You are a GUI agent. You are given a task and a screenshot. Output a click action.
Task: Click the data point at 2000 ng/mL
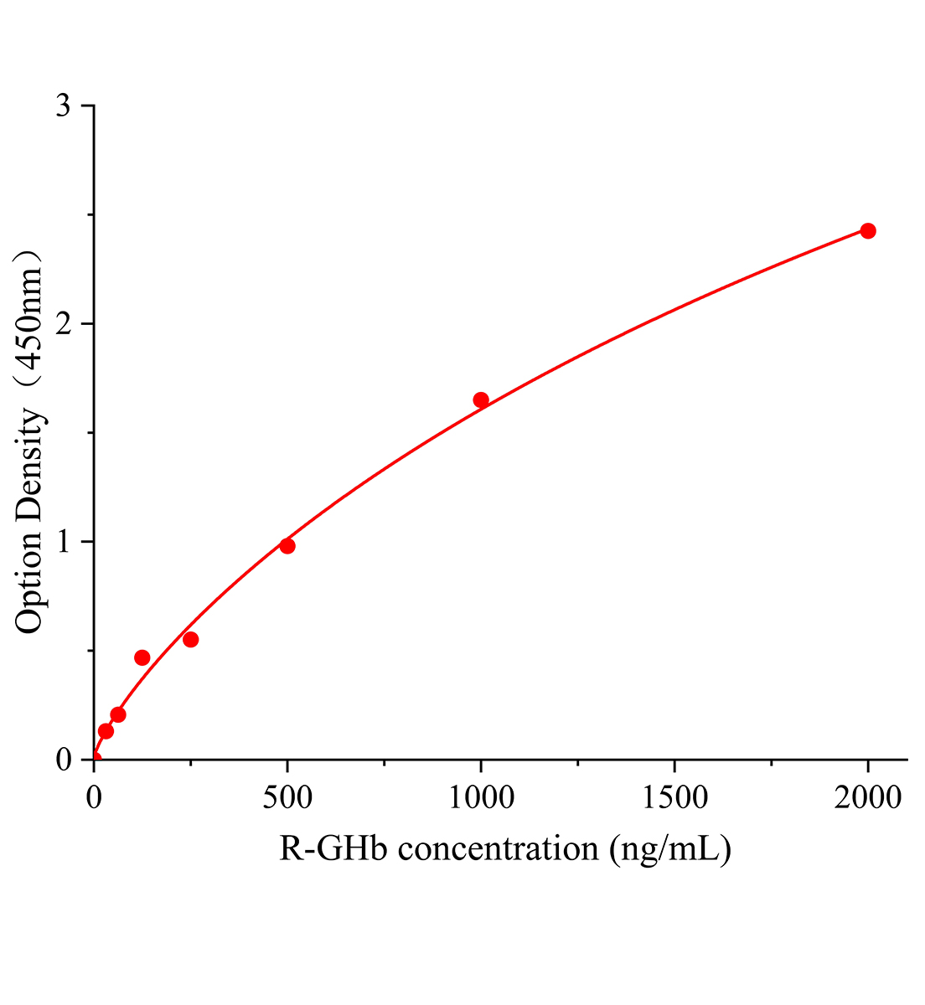click(x=868, y=231)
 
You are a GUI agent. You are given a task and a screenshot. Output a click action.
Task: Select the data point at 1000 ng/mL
click(x=481, y=400)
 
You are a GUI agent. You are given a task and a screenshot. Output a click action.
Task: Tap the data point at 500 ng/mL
click(x=287, y=546)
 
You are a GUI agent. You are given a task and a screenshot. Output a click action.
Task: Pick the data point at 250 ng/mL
click(x=191, y=640)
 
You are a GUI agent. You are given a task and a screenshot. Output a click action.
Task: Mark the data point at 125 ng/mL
click(x=142, y=657)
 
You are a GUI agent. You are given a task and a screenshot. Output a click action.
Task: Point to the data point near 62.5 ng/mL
click(x=118, y=715)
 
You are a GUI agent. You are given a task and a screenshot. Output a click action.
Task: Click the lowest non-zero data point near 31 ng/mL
click(x=106, y=731)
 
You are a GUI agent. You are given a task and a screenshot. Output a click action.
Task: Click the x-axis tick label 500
click(x=287, y=798)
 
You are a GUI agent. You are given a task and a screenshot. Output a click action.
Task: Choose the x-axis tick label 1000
click(x=481, y=798)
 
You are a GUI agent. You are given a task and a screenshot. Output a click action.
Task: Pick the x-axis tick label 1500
click(x=674, y=798)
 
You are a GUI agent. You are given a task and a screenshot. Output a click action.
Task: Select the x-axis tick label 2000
click(x=868, y=798)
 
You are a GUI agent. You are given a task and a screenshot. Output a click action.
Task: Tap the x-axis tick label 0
click(x=95, y=798)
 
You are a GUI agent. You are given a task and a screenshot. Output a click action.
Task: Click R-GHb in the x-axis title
click(x=335, y=849)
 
